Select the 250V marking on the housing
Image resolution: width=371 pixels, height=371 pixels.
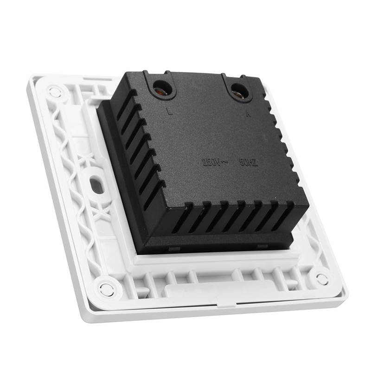(211, 163)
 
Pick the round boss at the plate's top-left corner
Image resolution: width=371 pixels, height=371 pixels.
(55, 92)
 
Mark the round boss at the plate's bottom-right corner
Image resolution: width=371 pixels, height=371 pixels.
(321, 279)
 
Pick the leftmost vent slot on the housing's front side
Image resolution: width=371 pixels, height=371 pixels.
(184, 218)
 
